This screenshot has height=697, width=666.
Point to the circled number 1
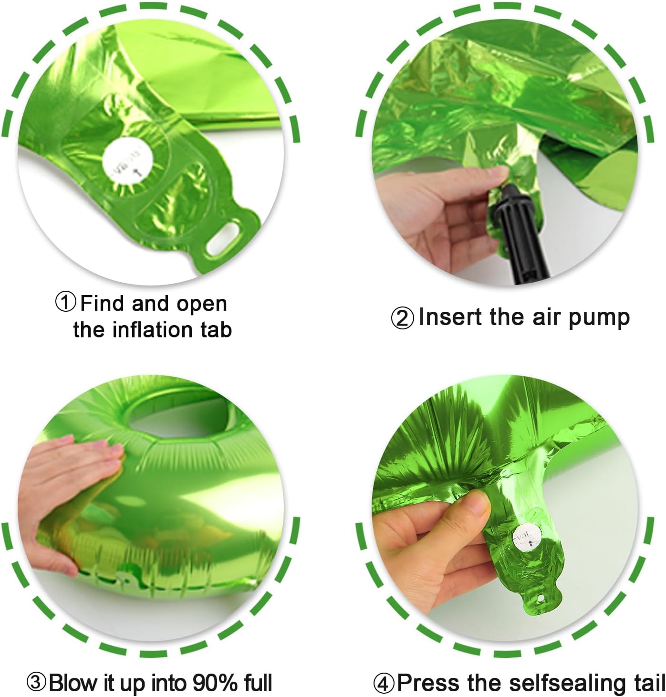pos(66,303)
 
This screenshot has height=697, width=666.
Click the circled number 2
pos(403,318)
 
